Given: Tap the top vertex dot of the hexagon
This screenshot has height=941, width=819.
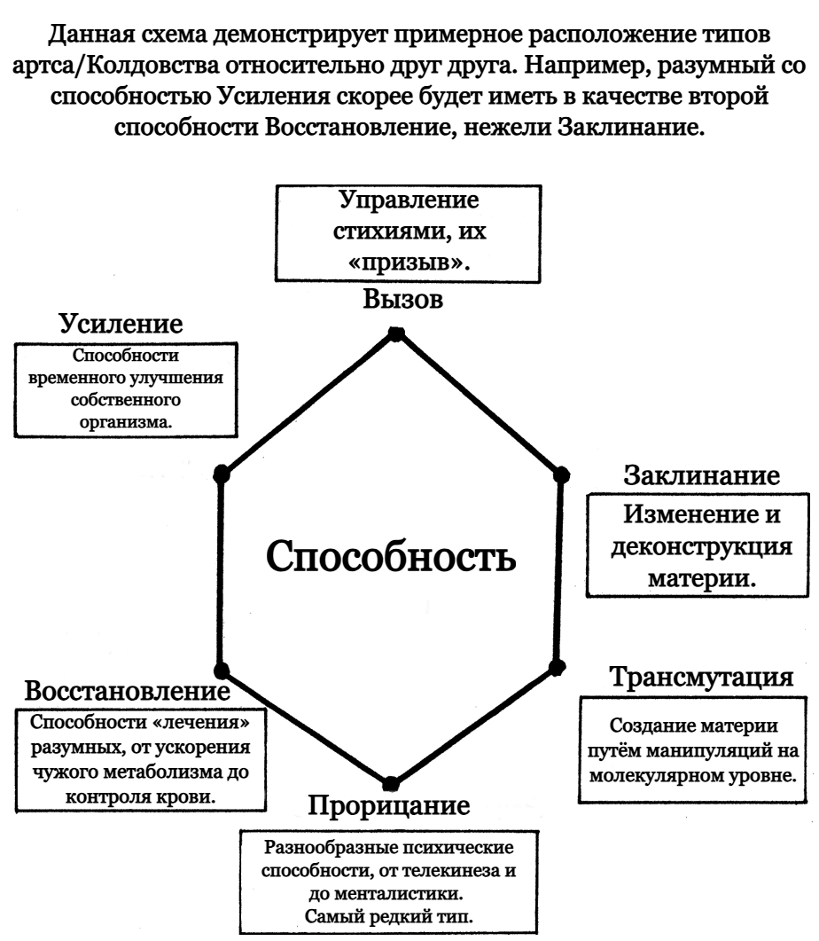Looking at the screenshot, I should (x=396, y=333).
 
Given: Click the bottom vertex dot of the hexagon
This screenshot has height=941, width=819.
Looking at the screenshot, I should (x=389, y=781).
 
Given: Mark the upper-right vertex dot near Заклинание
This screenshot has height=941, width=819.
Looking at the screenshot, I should (x=560, y=475).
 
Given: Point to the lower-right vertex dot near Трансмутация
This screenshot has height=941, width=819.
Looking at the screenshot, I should (x=557, y=665).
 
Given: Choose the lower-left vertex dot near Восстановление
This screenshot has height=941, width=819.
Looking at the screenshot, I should (x=222, y=669).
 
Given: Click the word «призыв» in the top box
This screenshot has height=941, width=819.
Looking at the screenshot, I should (x=408, y=263).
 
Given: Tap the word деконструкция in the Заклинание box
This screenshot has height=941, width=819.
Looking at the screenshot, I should (x=703, y=545).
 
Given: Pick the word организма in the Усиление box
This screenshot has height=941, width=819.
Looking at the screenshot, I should (x=126, y=422).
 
